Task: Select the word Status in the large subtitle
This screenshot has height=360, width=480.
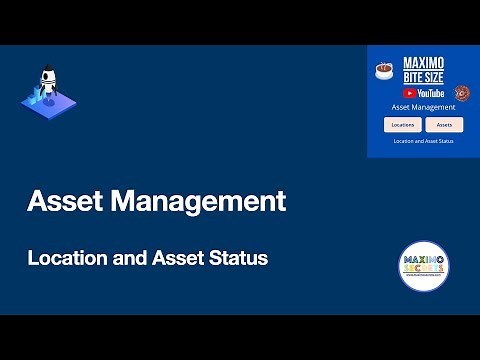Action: tap(238, 258)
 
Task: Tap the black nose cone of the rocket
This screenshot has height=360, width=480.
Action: tap(46, 73)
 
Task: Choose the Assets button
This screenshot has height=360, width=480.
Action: tap(444, 125)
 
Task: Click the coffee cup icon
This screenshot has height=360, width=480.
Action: tap(384, 70)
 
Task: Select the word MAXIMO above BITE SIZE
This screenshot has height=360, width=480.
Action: tap(423, 63)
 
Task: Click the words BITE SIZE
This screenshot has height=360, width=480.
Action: tap(423, 76)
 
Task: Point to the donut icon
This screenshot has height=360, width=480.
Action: tap(462, 93)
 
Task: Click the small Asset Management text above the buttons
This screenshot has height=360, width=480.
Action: tap(423, 106)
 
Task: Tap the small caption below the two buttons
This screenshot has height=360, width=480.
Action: tap(423, 141)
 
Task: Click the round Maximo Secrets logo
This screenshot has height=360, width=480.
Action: tap(423, 266)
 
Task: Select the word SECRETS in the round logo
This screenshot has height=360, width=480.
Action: tap(423, 272)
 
